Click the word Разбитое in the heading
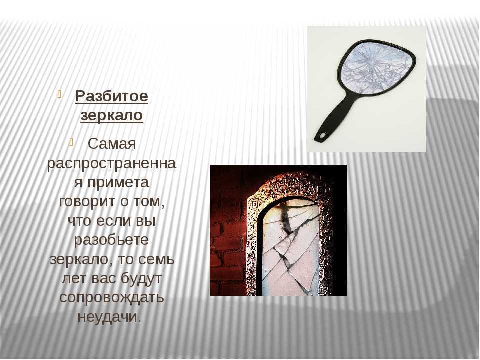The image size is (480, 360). click(112, 96)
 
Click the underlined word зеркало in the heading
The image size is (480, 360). click(112, 116)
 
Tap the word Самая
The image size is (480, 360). click(112, 144)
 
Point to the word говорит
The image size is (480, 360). click(89, 201)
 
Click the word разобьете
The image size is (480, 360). click(111, 240)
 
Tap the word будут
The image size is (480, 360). click(141, 279)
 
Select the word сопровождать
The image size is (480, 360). click(112, 298)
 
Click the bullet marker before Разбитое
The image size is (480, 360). click(59, 94)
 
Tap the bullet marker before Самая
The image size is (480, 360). click(71, 142)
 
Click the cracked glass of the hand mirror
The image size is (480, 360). click(374, 67)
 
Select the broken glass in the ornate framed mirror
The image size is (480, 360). click(290, 251)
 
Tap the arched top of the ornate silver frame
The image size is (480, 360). click(288, 186)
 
